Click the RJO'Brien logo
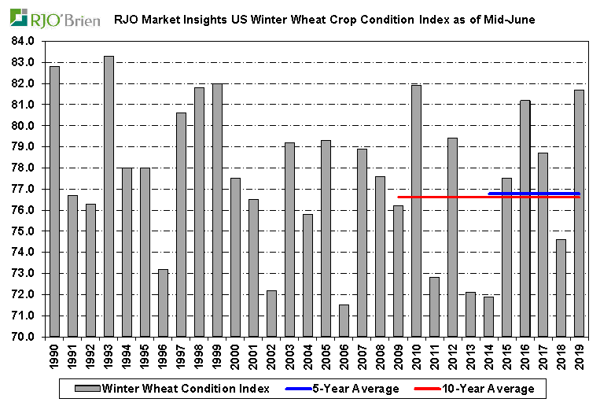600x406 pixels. pos(55,17)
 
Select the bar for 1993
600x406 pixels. pos(109,197)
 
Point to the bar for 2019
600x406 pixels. pos(579,213)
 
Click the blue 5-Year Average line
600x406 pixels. pos(534,194)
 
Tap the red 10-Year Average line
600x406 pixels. pos(440,197)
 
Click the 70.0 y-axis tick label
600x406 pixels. pos(24,337)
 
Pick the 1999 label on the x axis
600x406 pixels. pos(218,356)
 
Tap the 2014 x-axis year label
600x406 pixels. pos(489,356)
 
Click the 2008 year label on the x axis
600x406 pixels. pos(381,356)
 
